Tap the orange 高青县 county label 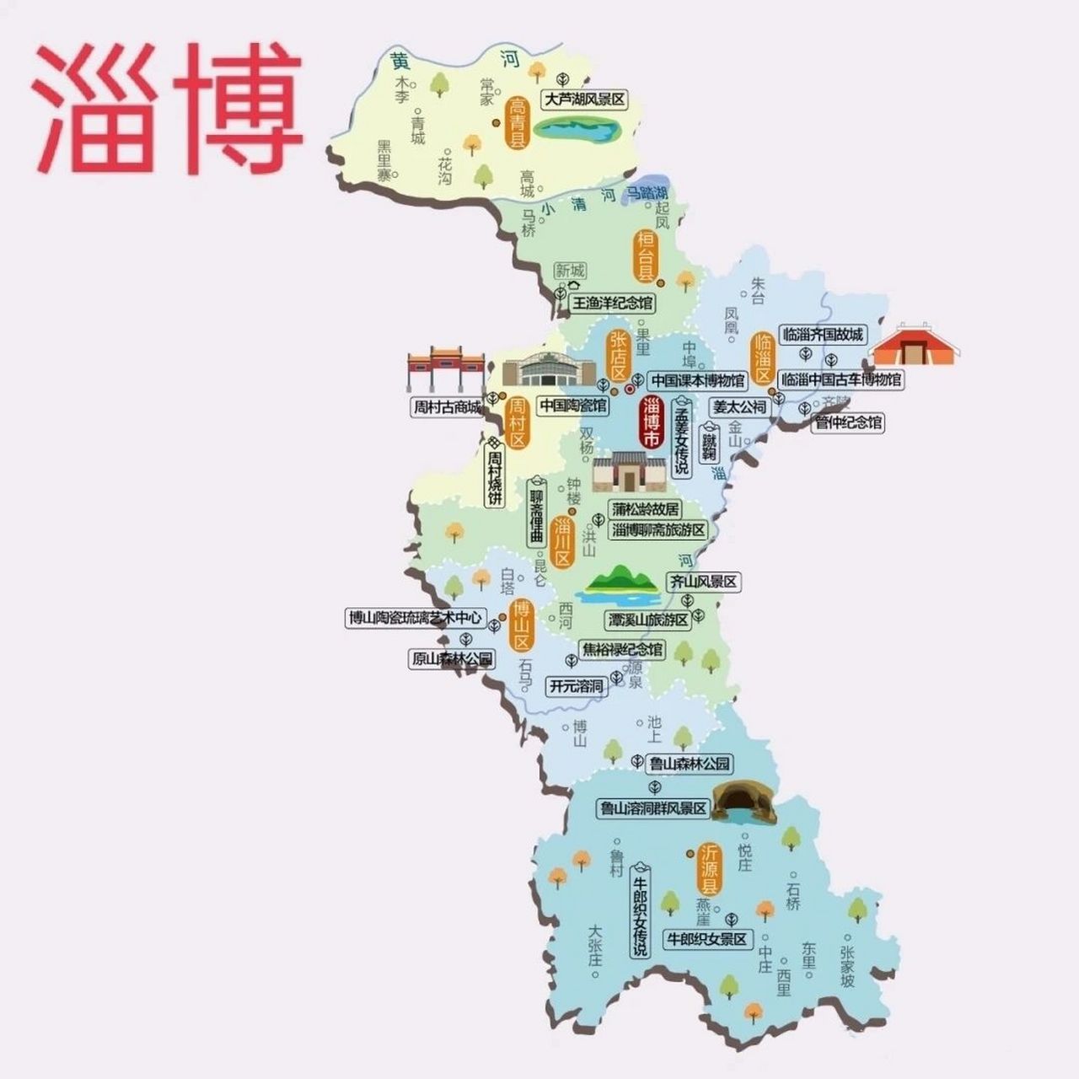click(x=516, y=123)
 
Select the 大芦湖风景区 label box click(x=585, y=99)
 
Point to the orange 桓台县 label click(x=645, y=255)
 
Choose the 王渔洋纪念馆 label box click(x=613, y=302)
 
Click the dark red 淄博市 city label click(x=652, y=422)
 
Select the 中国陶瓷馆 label click(x=573, y=405)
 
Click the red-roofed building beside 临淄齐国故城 click(x=916, y=346)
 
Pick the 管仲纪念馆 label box click(x=848, y=422)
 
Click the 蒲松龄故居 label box click(x=646, y=509)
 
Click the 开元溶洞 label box click(x=577, y=686)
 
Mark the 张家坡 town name click(x=847, y=964)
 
